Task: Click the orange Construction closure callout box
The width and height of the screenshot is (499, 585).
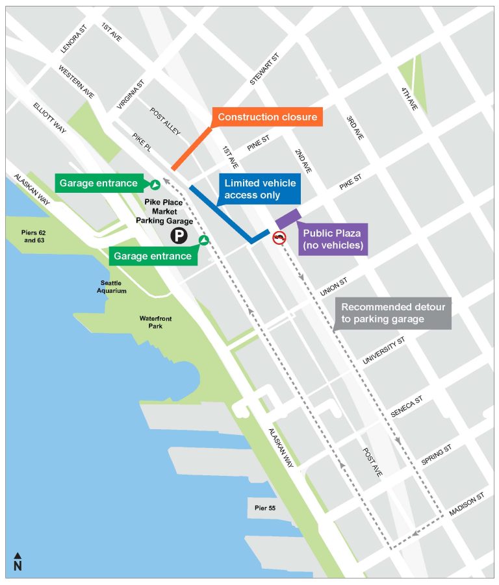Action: (x=267, y=117)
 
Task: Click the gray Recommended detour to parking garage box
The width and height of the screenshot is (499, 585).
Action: (x=393, y=314)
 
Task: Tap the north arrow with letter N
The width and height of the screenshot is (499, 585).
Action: (x=18, y=562)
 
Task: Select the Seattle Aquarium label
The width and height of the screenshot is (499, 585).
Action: (x=113, y=286)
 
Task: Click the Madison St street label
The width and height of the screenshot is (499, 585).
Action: (x=467, y=505)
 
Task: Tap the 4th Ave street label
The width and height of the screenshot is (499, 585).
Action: (x=409, y=98)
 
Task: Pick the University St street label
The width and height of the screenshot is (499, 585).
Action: (x=384, y=350)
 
